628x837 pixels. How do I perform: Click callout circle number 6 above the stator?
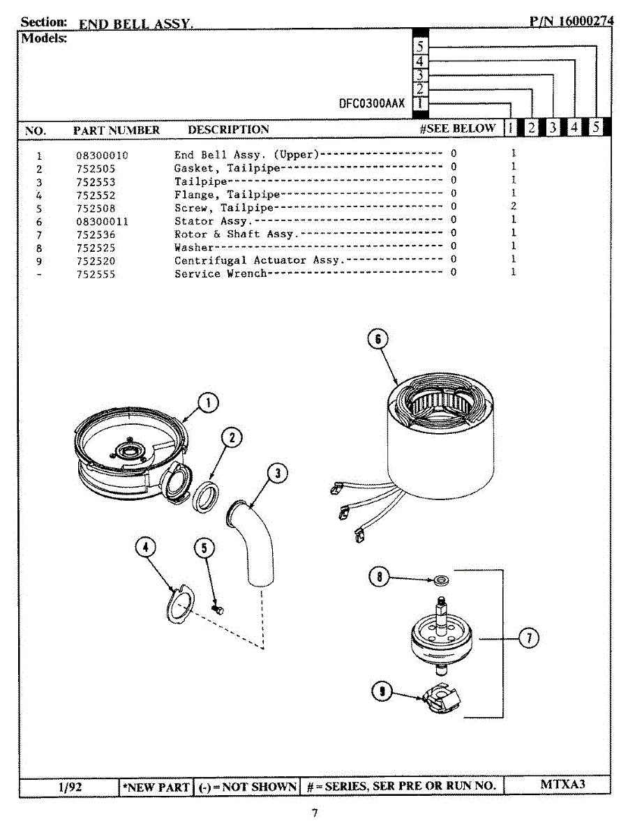point(377,339)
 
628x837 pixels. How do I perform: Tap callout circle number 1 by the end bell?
point(207,402)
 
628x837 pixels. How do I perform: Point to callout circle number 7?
point(528,638)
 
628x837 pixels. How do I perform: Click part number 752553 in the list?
point(96,182)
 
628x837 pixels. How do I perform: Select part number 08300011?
point(102,222)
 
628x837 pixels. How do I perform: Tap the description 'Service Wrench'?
point(220,274)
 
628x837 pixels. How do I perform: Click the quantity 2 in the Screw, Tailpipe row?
point(513,207)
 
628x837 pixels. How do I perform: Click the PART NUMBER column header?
point(117,130)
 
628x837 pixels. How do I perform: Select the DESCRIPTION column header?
point(228,130)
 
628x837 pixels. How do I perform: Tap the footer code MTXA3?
point(562,784)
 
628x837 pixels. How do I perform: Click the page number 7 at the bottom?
point(315,813)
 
